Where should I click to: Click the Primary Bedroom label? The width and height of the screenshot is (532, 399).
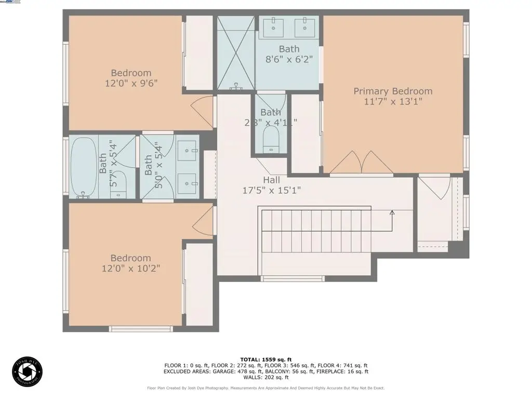pos(393,91)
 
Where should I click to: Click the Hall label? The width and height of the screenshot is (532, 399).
pos(271,180)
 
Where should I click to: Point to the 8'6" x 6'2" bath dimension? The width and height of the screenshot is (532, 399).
pos(289,59)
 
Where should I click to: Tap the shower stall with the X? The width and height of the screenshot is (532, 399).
pos(236,53)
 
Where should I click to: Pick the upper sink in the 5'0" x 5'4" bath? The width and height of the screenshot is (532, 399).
pos(186,152)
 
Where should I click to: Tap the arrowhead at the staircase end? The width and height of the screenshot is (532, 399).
pos(392,212)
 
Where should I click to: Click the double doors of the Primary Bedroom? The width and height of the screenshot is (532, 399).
pos(361,163)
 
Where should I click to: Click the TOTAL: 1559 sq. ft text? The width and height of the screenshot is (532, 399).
pos(265,360)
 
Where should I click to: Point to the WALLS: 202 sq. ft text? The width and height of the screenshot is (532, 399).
pos(265,377)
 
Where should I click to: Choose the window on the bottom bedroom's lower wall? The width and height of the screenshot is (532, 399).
pos(141,329)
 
